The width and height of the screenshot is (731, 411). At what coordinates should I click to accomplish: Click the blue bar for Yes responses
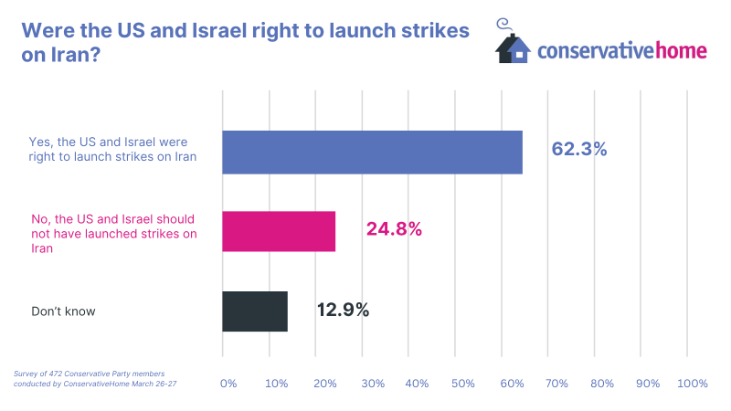pos(372,152)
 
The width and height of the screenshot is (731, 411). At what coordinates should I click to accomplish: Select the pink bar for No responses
pos(279,231)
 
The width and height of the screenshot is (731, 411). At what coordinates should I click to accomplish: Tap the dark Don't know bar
pos(255,311)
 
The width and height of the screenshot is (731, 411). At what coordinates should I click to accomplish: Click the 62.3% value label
pos(579,149)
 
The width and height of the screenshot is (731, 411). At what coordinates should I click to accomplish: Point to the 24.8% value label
pos(394,229)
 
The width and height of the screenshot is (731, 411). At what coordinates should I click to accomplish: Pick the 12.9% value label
pos(343,310)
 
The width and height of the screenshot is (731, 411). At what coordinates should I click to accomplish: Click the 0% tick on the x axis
pos(228,384)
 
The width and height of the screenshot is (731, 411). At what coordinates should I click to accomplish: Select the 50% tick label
pos(462,384)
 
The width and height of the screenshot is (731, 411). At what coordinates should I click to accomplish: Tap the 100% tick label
pos(693,384)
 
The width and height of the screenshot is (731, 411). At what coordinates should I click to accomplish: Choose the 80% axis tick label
pos(602,384)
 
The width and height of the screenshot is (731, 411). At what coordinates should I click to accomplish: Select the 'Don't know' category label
pos(63,311)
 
